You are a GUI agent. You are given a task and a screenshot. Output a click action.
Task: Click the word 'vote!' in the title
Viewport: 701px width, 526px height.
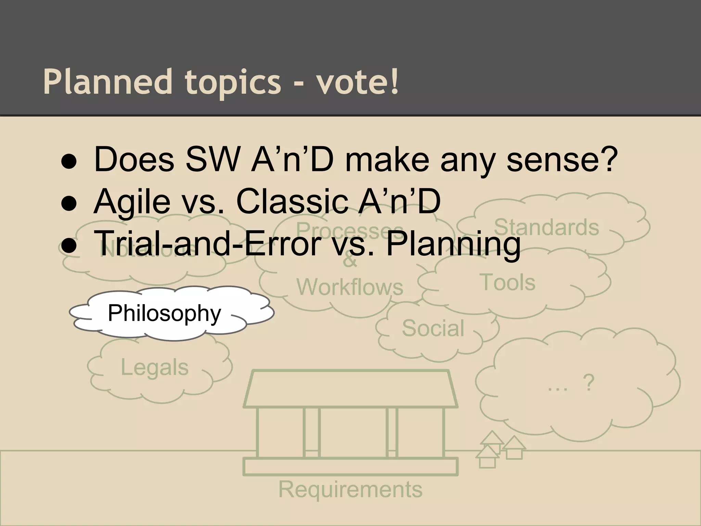click(357, 82)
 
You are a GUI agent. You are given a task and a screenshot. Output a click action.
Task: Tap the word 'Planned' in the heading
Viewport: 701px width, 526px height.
click(107, 82)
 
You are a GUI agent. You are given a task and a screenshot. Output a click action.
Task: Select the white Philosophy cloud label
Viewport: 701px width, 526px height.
click(164, 313)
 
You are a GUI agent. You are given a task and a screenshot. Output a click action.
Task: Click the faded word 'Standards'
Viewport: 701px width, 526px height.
click(546, 227)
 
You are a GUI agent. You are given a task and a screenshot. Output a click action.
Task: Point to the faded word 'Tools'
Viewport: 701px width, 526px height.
click(509, 283)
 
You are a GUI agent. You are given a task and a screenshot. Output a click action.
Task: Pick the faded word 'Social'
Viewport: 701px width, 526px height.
click(433, 328)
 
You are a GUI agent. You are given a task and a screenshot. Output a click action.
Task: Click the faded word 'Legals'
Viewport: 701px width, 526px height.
click(155, 367)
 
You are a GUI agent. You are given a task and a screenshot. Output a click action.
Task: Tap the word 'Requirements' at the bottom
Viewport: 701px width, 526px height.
click(350, 489)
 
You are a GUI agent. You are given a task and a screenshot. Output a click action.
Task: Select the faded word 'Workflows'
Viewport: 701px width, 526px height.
click(350, 287)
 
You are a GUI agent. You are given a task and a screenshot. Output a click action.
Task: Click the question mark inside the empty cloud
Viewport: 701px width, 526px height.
click(588, 383)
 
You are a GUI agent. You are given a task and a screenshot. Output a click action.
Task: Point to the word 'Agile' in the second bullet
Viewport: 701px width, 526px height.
click(132, 202)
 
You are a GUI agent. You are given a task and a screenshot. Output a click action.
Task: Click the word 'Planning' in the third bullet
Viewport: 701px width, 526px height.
click(453, 243)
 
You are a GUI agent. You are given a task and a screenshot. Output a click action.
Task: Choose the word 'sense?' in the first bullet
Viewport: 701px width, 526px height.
click(562, 160)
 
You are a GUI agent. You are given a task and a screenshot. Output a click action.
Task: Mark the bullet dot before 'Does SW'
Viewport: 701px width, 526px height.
click(69, 163)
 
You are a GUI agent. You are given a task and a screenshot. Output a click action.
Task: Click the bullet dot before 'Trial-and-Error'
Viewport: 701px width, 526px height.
click(69, 247)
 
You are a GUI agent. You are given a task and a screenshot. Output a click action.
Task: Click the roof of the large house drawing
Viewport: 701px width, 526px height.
click(350, 389)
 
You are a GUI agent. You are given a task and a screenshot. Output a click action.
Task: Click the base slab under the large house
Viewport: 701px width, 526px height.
click(350, 467)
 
